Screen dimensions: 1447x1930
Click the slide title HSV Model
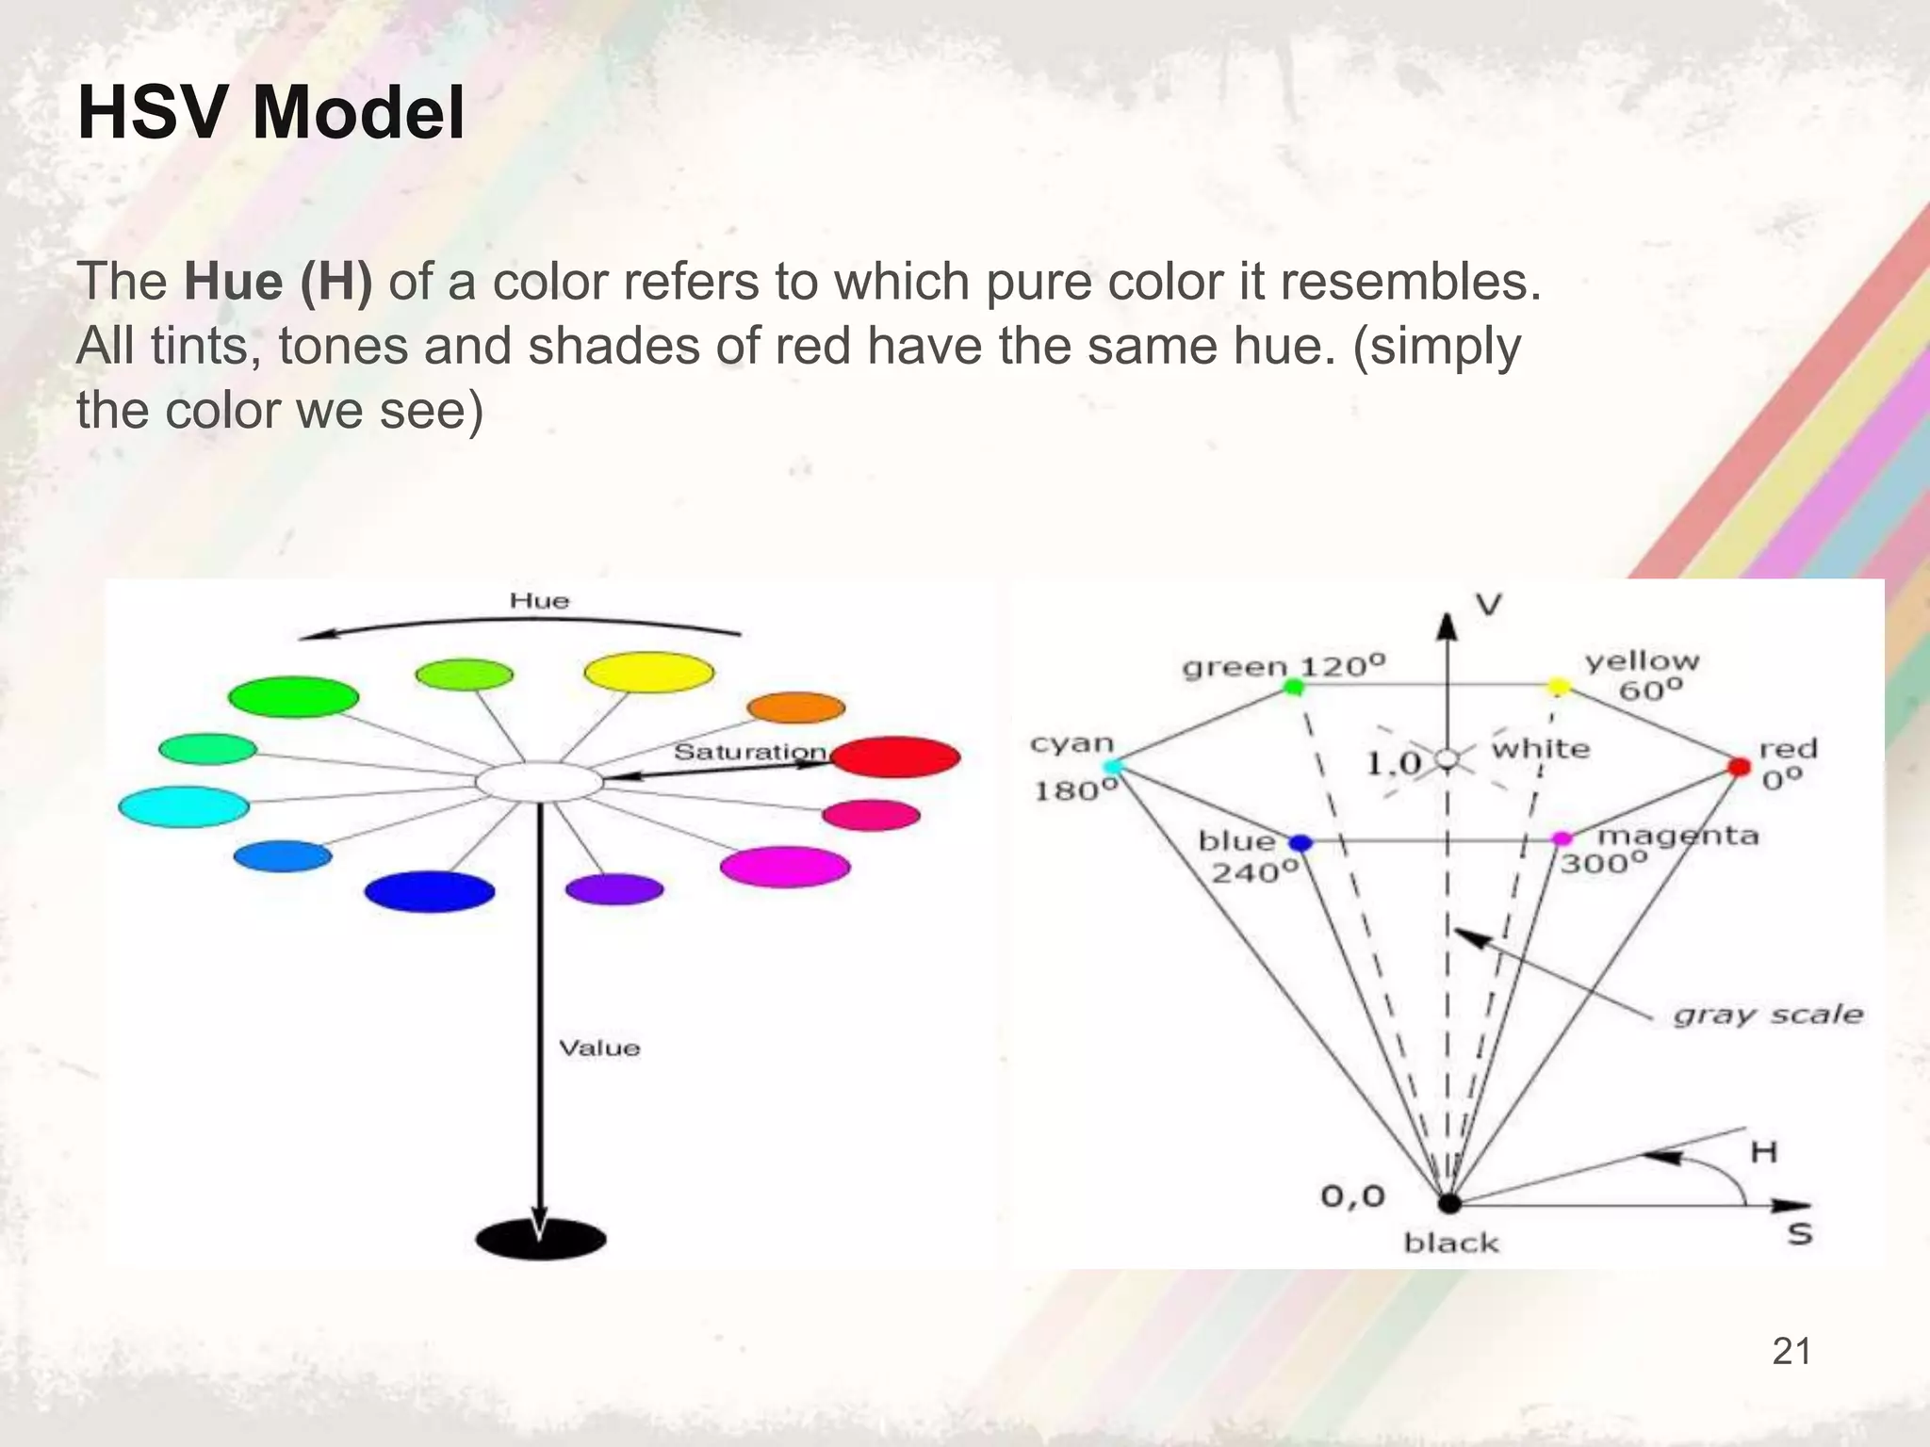click(x=270, y=114)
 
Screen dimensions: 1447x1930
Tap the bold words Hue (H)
click(x=278, y=282)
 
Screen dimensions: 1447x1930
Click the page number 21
click(x=1791, y=1352)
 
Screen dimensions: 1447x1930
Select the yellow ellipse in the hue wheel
click(x=648, y=673)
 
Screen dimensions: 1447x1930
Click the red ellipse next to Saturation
click(x=895, y=756)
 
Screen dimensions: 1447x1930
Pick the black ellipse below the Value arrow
click(x=541, y=1238)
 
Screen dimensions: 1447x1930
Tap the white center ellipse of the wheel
click(x=539, y=782)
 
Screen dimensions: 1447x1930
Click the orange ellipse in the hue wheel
click(x=795, y=707)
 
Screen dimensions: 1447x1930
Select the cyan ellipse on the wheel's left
click(x=184, y=806)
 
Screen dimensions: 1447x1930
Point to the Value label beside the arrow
click(x=599, y=1049)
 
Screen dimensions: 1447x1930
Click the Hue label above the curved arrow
click(x=539, y=601)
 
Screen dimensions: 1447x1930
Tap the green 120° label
click(x=1284, y=667)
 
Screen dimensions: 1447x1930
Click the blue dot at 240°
click(x=1300, y=842)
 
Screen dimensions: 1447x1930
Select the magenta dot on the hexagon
click(x=1562, y=838)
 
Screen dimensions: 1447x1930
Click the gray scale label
click(x=1768, y=1015)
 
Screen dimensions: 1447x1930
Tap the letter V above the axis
click(x=1488, y=605)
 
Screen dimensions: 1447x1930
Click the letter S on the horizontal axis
click(x=1800, y=1233)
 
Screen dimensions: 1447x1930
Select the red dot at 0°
click(x=1739, y=767)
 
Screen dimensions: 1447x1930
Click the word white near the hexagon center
click(x=1540, y=749)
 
